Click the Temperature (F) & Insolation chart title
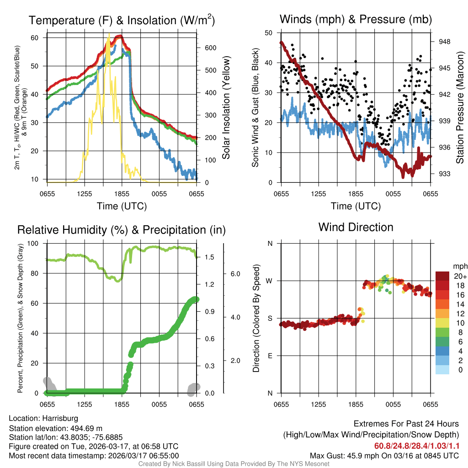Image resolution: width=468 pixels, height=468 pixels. tap(122, 20)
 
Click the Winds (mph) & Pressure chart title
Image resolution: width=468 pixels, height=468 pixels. tap(356, 19)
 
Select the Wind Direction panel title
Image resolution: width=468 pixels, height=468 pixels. tap(356, 227)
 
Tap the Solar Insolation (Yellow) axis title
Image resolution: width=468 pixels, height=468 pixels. tap(226, 108)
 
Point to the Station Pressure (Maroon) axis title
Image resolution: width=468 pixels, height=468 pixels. tap(460, 107)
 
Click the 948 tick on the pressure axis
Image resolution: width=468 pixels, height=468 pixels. tap(445, 42)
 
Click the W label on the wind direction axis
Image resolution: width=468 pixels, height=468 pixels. tap(270, 281)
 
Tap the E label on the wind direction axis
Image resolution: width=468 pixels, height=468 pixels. tap(270, 356)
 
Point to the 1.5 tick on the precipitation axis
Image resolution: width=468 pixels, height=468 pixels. tap(209, 258)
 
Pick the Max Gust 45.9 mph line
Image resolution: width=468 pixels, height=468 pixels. tap(384, 455)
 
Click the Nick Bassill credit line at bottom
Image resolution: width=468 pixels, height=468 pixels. tap(234, 464)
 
